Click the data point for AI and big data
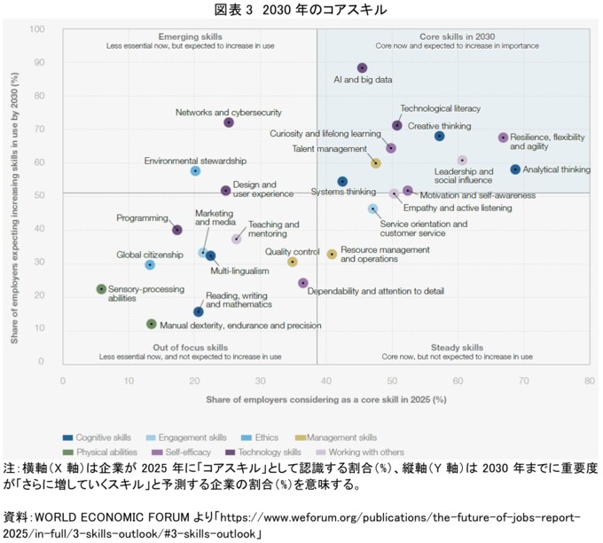tap(362, 68)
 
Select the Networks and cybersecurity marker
tap(229, 122)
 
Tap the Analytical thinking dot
tap(515, 169)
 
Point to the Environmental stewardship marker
tap(195, 170)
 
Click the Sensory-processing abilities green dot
tap(101, 289)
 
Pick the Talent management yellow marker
tap(376, 163)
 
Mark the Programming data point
tap(177, 230)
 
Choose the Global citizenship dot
tap(150, 264)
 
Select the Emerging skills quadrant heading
tap(190, 36)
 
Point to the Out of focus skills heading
tap(190, 348)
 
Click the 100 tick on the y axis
tap(38, 29)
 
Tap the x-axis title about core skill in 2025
tap(325, 401)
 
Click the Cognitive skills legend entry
tap(98, 437)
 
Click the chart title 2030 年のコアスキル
tap(301, 10)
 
